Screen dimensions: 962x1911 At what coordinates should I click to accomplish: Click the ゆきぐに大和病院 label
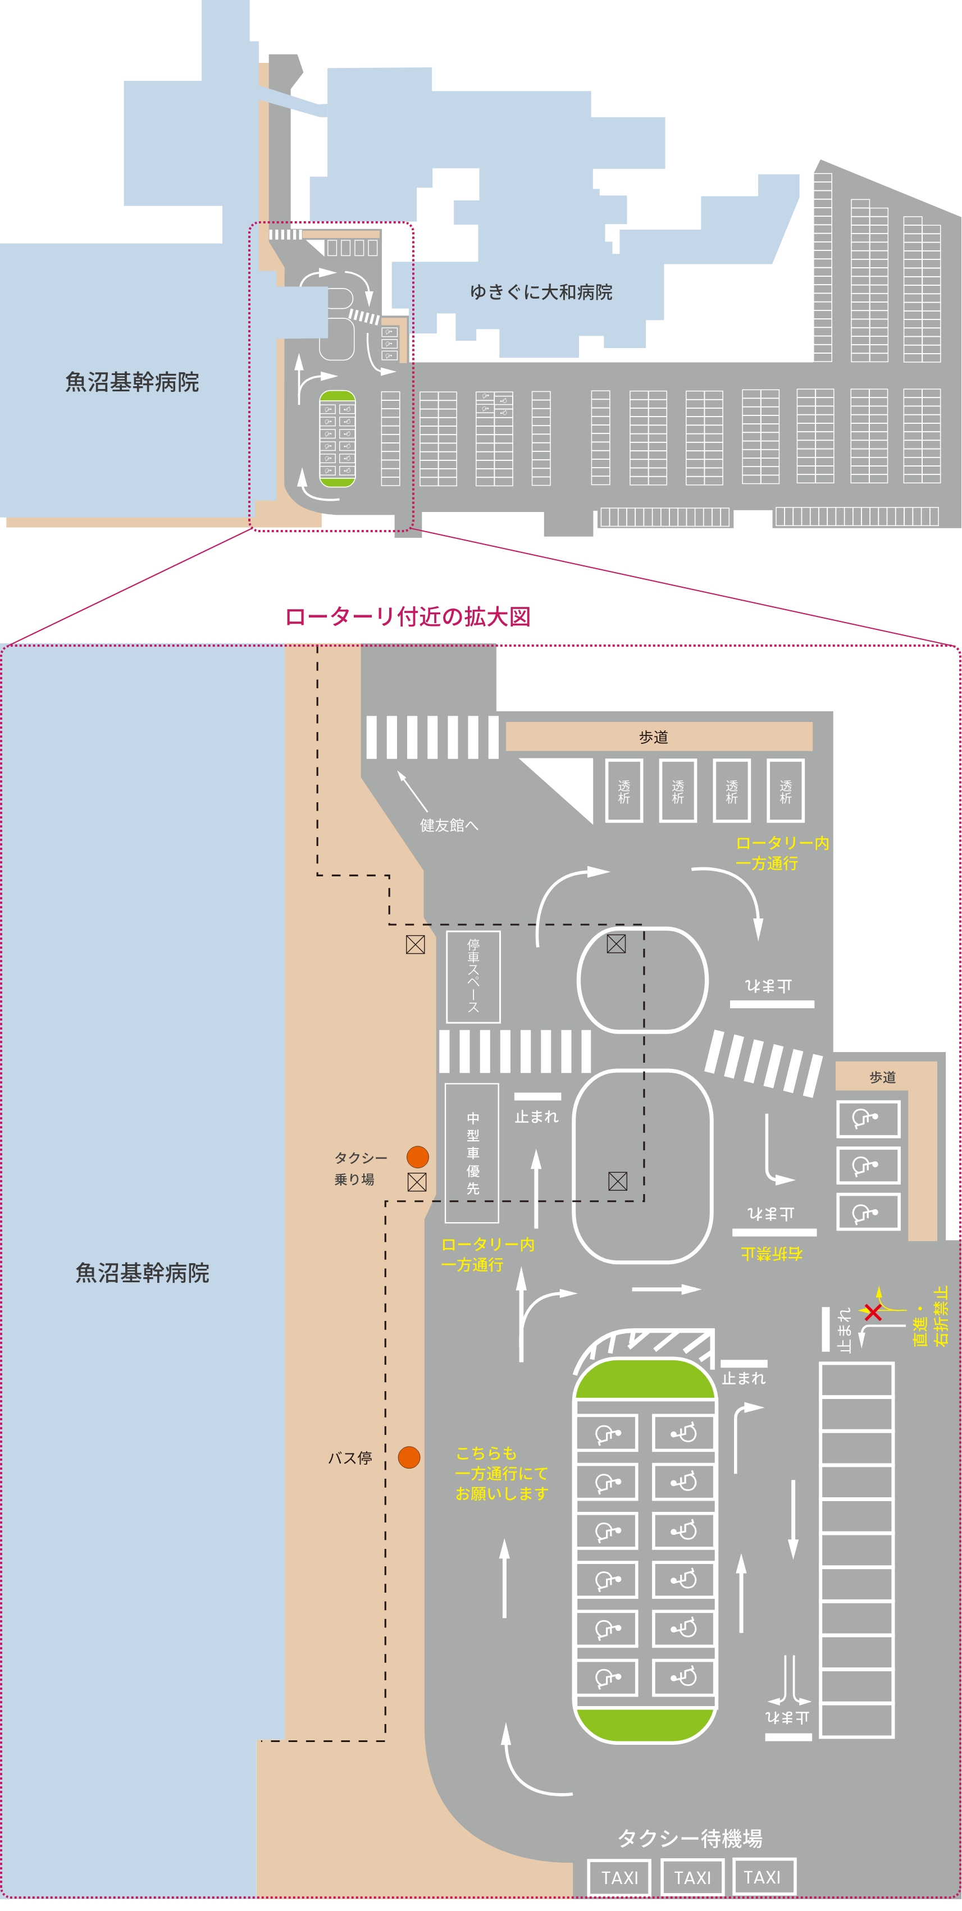coord(541,292)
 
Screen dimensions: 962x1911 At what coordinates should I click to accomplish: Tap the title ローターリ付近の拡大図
coord(408,616)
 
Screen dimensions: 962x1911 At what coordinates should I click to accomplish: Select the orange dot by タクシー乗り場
coord(418,1156)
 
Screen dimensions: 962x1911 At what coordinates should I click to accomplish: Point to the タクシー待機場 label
coord(690,1837)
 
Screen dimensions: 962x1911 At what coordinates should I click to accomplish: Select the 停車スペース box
coord(473,977)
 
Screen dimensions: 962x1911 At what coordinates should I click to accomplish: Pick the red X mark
coord(873,1313)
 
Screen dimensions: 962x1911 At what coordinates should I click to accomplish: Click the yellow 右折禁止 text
coord(771,1254)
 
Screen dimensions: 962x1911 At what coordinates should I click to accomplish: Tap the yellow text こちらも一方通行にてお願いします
coord(502,1473)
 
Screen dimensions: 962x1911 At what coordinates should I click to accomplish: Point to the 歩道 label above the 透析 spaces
coord(653,737)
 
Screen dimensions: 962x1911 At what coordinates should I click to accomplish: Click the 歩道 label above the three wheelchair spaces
coord(883,1077)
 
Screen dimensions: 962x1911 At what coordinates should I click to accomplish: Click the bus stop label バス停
coord(350,1458)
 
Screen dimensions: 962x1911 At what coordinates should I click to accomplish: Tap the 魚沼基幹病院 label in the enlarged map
coord(143,1273)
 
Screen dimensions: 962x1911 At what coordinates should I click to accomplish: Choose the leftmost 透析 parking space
coord(623,791)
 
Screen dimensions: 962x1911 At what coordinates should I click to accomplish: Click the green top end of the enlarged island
coord(645,1381)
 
